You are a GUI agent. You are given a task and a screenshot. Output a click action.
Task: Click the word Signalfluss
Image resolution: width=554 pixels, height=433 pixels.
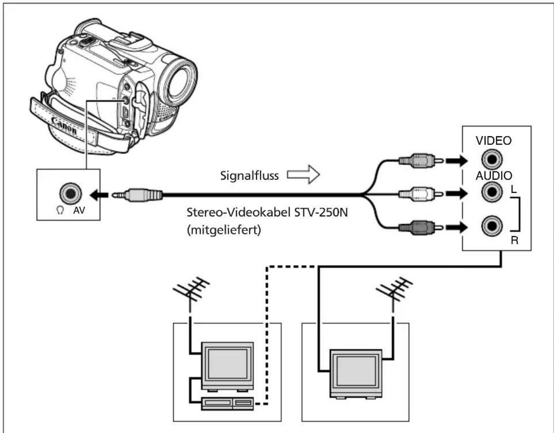pos(249,175)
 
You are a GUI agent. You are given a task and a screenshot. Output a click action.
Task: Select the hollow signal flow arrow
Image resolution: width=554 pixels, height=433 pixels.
pos(303,175)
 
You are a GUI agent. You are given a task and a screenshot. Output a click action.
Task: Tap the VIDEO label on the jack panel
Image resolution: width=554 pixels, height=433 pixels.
pos(494,141)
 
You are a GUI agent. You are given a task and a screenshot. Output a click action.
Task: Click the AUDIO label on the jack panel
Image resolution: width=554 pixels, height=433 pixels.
pos(494,175)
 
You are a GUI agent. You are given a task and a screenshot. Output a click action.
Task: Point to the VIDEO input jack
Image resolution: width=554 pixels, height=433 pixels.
pos(492,160)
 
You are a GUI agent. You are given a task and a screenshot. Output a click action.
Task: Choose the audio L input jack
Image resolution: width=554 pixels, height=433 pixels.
pos(492,192)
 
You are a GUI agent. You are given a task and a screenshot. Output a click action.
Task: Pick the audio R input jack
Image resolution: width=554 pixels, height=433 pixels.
pos(492,226)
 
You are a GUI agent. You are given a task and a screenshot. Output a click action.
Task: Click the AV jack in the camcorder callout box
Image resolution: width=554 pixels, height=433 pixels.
pos(70,193)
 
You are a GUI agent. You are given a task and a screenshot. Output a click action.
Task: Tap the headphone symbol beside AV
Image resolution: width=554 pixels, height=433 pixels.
pos(60,210)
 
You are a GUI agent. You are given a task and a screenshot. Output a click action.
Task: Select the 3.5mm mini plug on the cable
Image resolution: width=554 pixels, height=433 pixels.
pos(137,195)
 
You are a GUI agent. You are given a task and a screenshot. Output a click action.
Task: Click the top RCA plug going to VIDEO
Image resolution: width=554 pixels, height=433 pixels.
pos(421,160)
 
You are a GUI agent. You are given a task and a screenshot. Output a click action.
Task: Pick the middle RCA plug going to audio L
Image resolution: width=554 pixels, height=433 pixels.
pos(421,194)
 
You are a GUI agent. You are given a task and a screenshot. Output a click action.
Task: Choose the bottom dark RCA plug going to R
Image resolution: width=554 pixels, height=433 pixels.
pos(421,227)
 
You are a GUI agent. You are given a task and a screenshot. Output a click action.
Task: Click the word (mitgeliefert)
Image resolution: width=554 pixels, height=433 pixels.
pos(224,230)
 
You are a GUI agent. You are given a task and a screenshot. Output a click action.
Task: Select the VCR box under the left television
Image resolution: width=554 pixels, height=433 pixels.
pos(227,403)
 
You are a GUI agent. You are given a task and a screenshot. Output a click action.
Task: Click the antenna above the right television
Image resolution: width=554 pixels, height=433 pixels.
pos(393,293)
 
